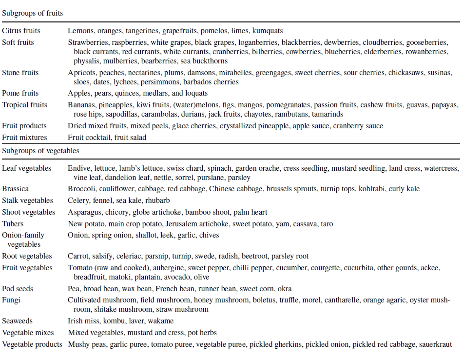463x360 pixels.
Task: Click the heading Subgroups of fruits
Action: (33, 13)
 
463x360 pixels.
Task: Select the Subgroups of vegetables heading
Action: (40, 151)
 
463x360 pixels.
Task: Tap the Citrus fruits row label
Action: (21, 31)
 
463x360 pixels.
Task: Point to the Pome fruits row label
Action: (20, 93)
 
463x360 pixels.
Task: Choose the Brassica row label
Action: (15, 189)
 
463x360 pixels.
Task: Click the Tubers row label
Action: (13, 224)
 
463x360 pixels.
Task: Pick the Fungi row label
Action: (11, 300)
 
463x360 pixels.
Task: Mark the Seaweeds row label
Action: (18, 321)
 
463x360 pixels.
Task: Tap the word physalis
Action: (87, 61)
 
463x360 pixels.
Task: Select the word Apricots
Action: (82, 73)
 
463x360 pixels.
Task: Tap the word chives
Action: (209, 235)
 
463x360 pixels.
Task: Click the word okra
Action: (284, 289)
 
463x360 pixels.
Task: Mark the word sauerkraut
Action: (435, 344)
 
